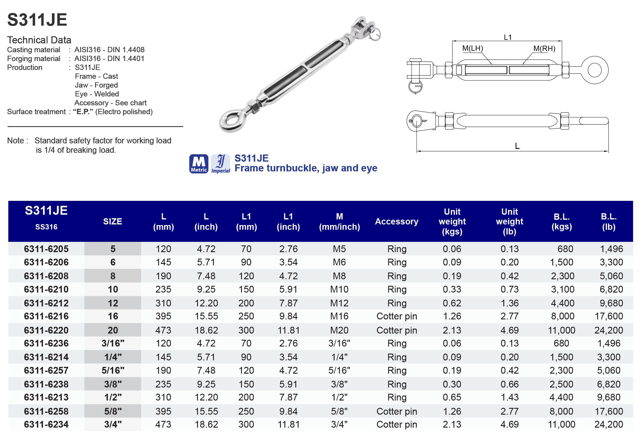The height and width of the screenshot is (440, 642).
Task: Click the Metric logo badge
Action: [199, 164]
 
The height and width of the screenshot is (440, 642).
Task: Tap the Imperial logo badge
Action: [221, 164]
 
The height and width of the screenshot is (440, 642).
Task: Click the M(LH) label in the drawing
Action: [472, 48]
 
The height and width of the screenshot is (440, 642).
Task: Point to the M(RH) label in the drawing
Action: [544, 48]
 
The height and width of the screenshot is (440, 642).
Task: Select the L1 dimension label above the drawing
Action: [507, 37]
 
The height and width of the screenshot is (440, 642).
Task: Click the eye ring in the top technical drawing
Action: [594, 70]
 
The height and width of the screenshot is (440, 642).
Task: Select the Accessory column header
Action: [397, 221]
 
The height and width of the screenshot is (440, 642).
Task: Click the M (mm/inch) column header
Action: [339, 221]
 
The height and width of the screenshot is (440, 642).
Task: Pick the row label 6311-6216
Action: [46, 316]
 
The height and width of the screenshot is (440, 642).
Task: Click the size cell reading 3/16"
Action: [113, 343]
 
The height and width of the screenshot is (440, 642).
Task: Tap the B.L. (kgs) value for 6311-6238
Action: [561, 384]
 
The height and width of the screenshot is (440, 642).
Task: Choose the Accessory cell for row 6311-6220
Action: [397, 330]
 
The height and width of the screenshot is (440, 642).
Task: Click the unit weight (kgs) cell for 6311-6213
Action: [452, 397]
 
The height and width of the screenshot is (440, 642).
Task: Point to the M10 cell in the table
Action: [339, 289]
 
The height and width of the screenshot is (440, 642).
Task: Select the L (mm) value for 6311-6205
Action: [163, 249]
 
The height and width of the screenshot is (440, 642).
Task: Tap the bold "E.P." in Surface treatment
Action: [83, 112]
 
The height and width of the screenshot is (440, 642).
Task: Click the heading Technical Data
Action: [39, 40]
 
